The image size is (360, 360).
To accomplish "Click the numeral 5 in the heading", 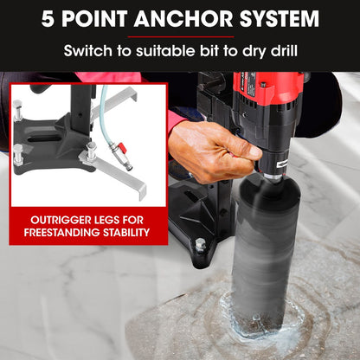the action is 48,19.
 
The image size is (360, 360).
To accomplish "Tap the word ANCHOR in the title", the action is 183,19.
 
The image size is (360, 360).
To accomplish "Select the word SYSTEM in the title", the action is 280,19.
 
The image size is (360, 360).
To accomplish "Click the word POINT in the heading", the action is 94,19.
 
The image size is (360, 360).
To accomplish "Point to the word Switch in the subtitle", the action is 87,51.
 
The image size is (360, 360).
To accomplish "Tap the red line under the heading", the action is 181,37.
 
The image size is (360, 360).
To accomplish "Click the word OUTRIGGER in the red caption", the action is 56,220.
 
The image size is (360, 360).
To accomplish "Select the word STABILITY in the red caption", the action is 126,233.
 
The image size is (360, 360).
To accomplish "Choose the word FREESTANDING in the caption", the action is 61,233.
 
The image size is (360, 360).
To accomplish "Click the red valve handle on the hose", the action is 122,147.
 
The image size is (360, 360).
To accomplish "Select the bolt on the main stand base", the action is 200,245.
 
